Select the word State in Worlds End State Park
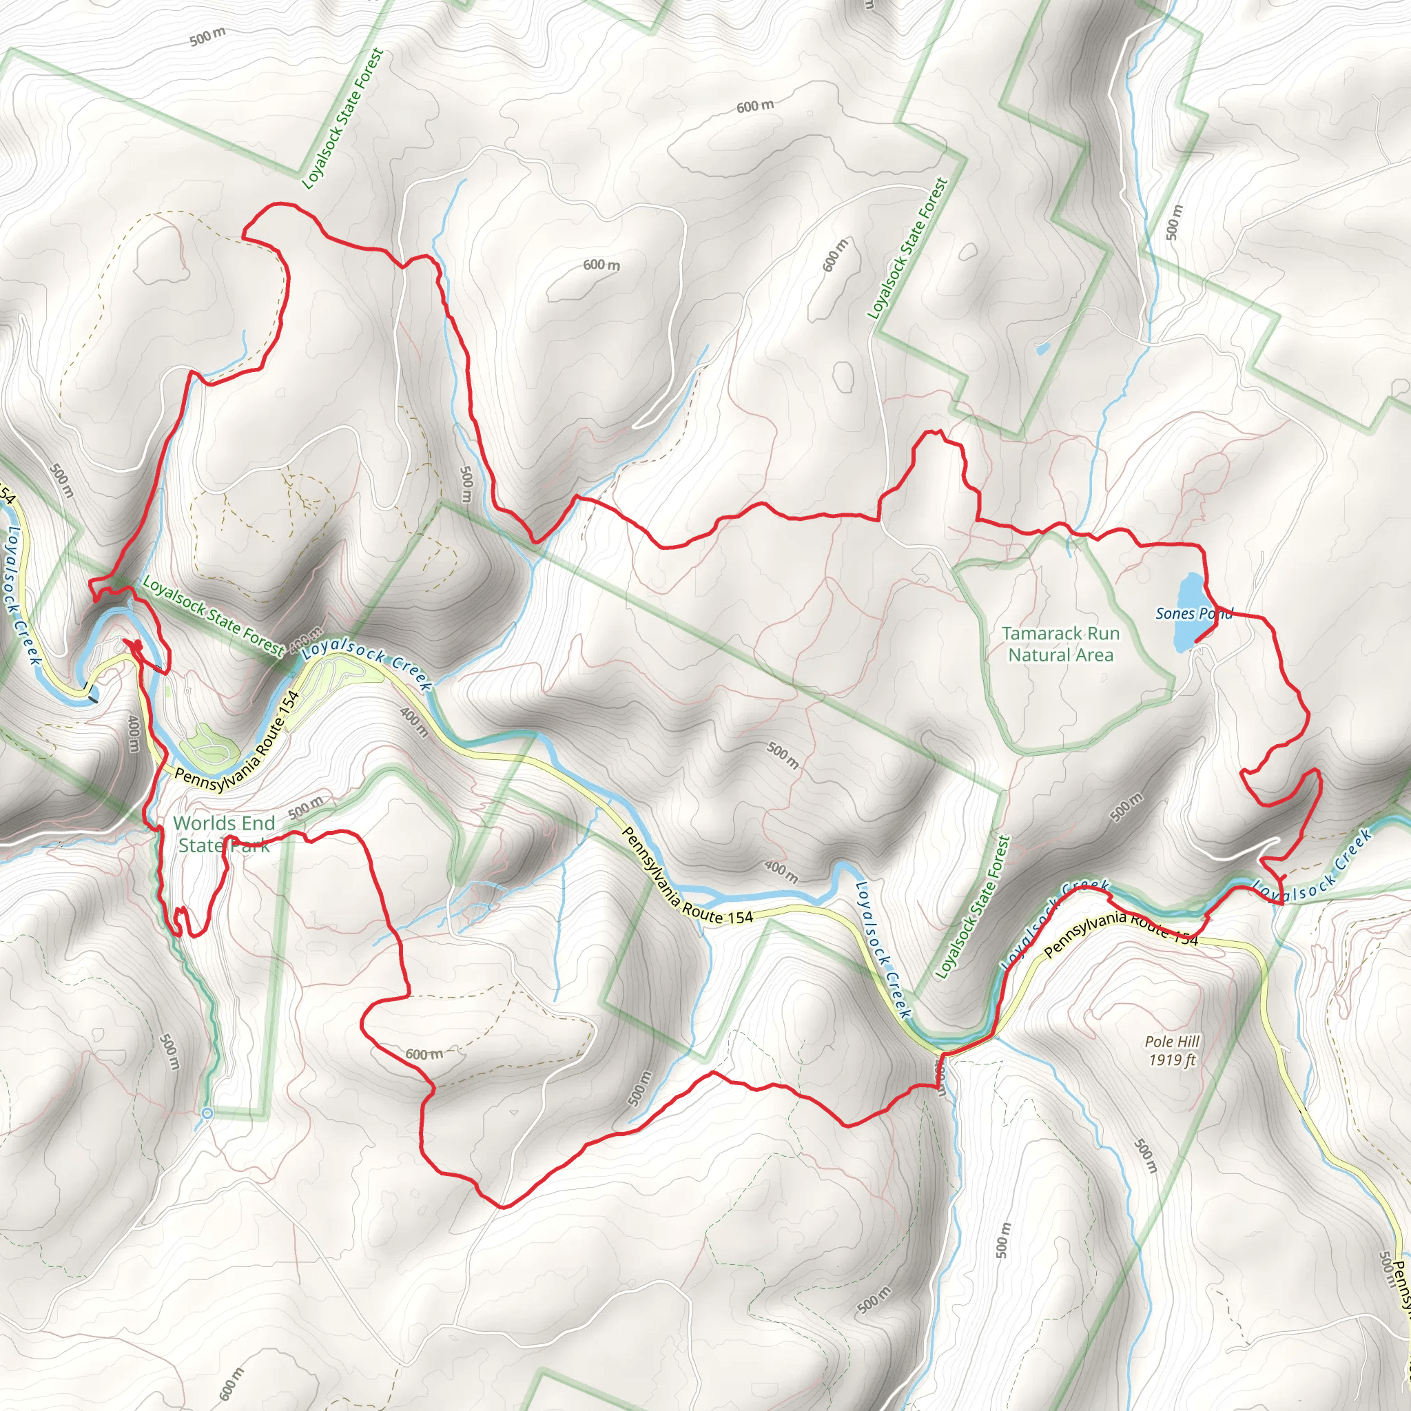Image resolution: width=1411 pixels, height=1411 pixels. coord(199,846)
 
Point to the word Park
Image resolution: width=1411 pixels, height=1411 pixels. coord(249,846)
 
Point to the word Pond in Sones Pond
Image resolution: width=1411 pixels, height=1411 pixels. coord(1215,613)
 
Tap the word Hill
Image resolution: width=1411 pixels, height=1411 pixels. coord(1188,1042)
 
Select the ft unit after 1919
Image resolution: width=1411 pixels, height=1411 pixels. coord(1190,1060)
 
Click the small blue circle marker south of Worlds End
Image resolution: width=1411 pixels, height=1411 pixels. coord(207,1113)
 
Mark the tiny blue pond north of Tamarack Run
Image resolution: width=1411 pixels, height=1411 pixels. coord(1042,349)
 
